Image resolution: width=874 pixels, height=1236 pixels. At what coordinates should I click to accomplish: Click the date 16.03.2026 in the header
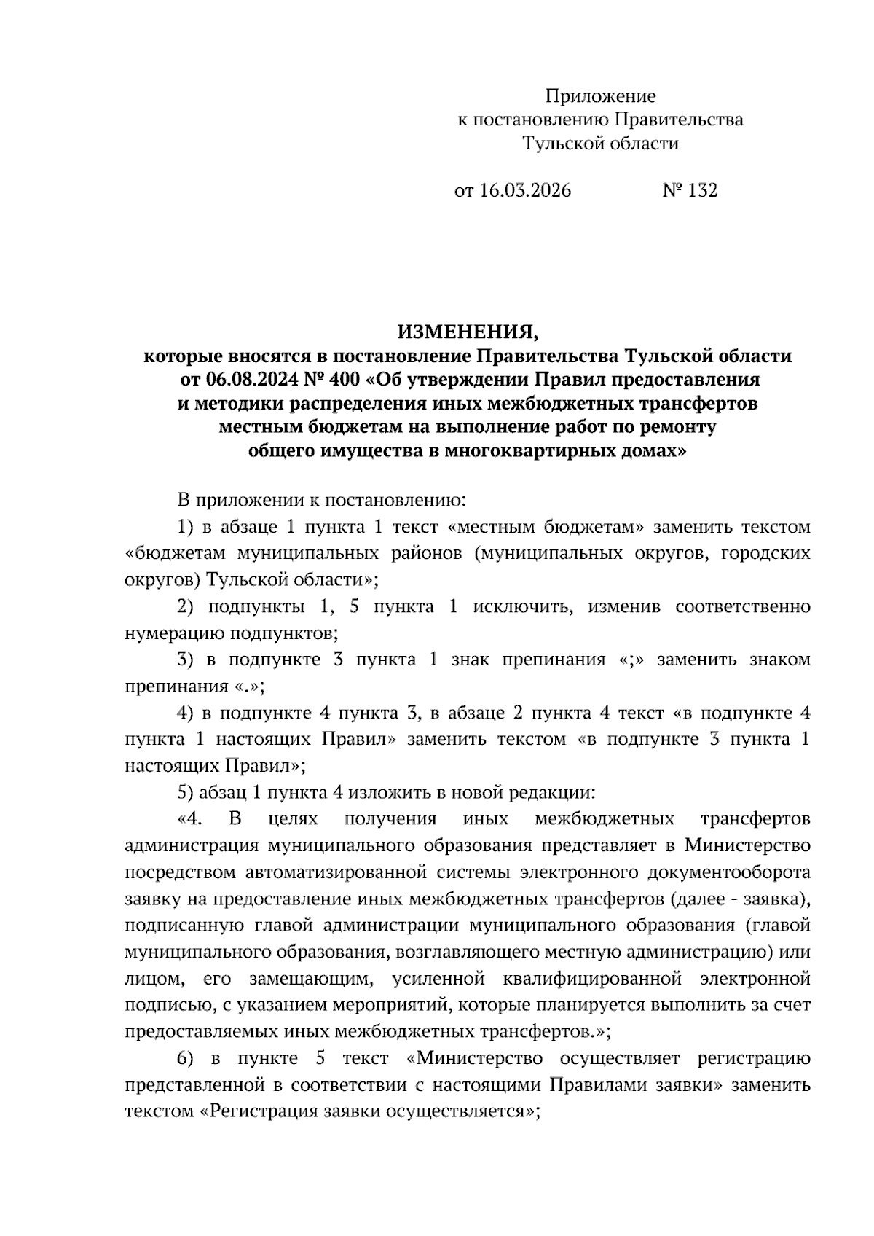tap(525, 191)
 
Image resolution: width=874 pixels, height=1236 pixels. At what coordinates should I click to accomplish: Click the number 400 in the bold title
tap(341, 380)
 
